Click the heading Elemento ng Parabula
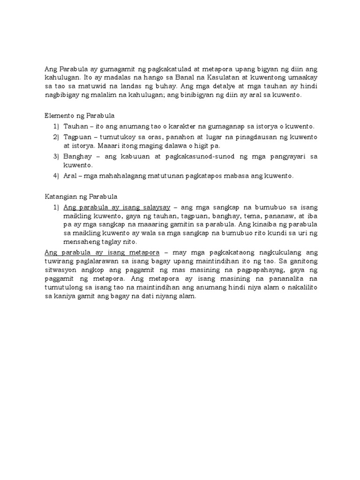(x=79, y=115)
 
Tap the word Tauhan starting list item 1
(x=75, y=127)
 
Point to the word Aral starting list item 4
(x=70, y=176)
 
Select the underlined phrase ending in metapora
(x=99, y=252)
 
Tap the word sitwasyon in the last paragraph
(x=60, y=272)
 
